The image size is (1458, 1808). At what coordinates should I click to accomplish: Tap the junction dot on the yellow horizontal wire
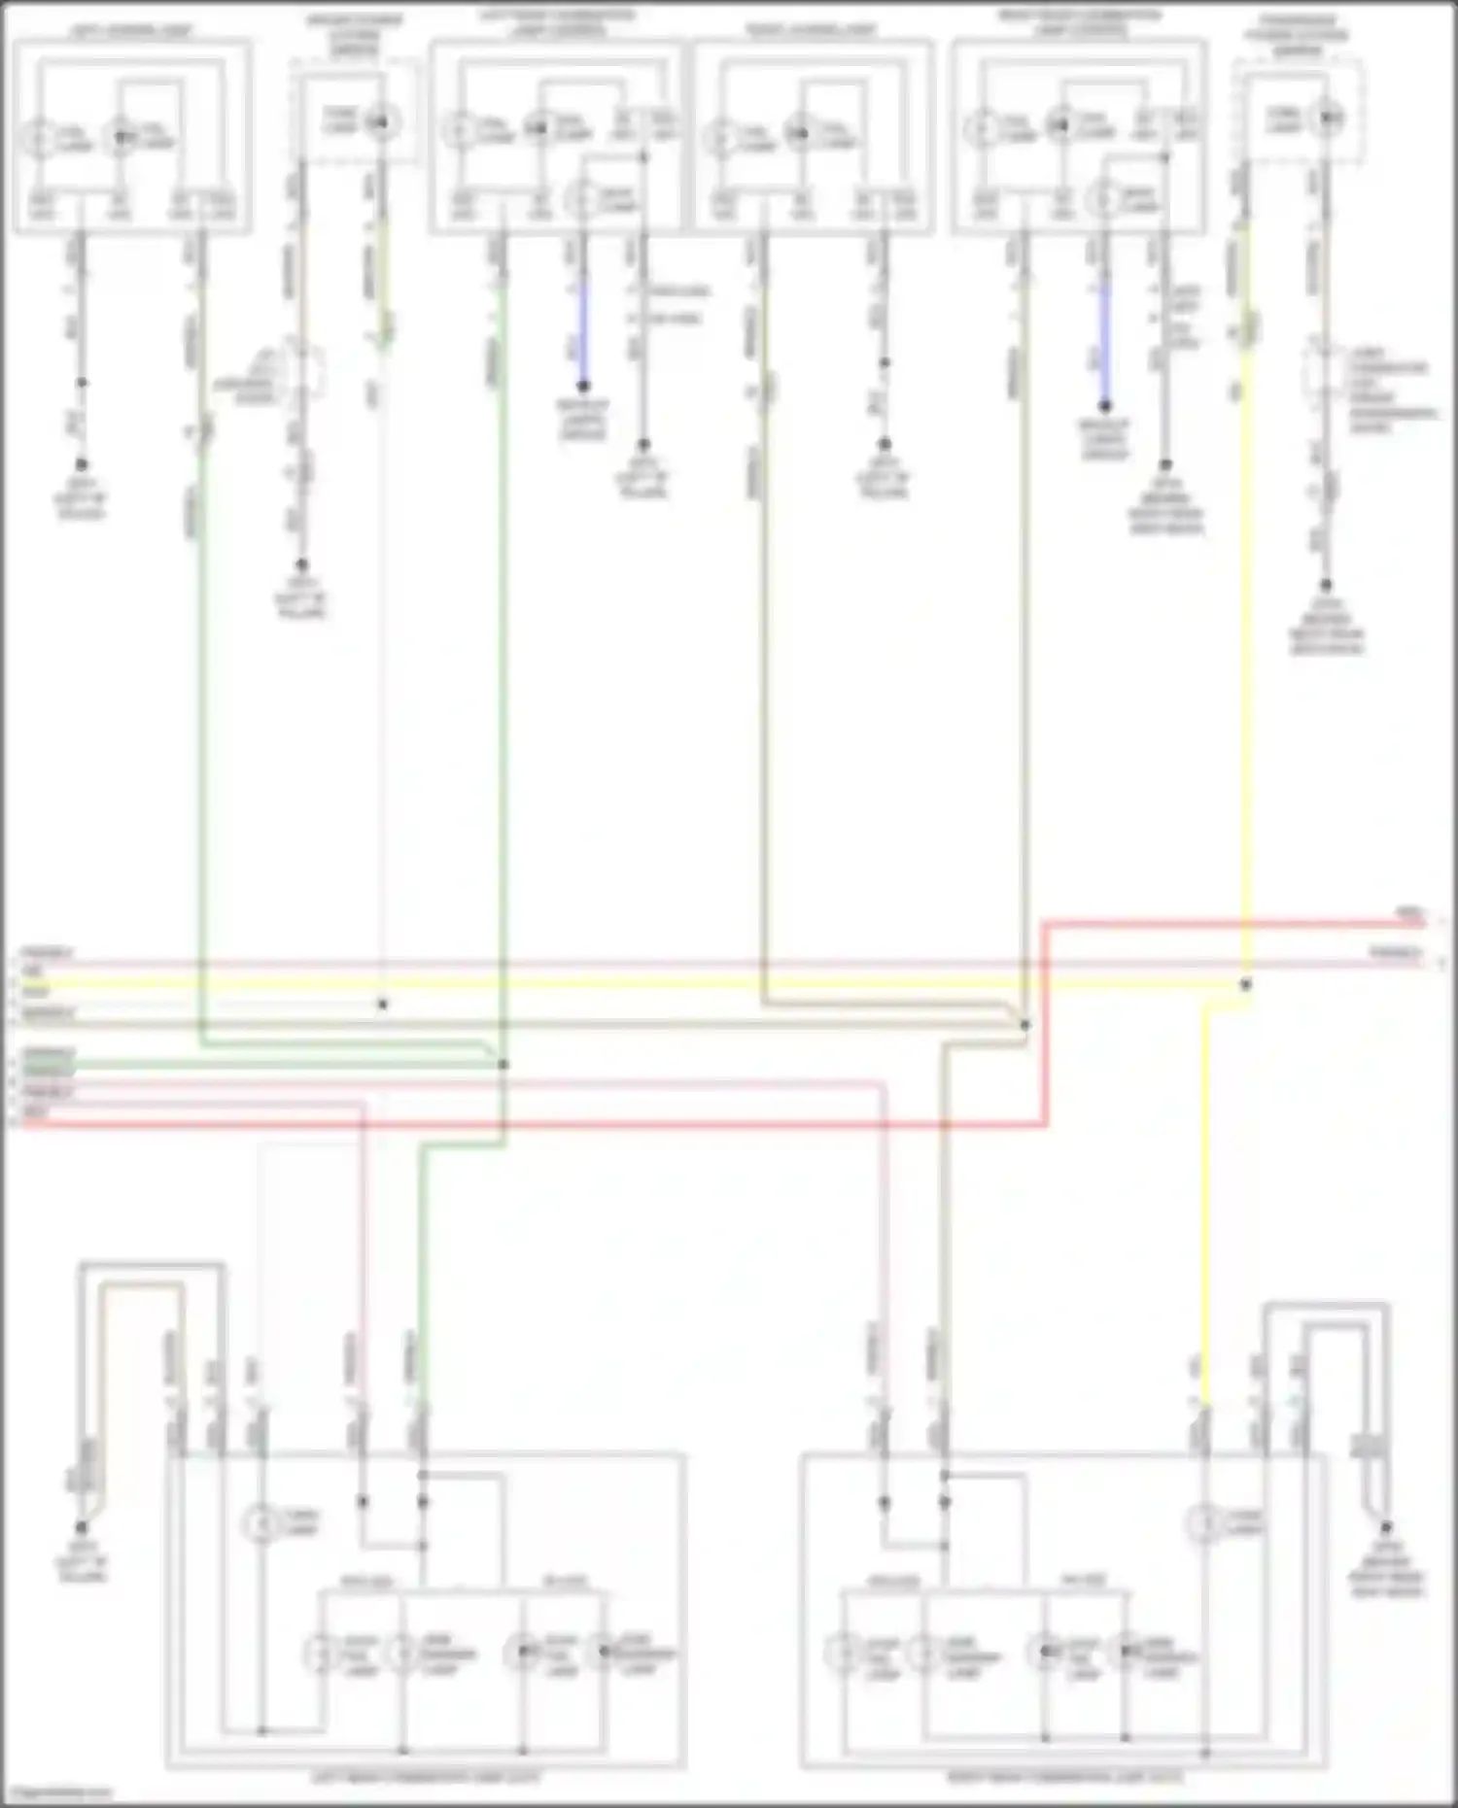point(1246,985)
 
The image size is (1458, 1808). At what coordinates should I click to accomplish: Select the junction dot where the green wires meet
point(503,1065)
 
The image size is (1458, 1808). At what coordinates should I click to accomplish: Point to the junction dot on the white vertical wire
point(382,1005)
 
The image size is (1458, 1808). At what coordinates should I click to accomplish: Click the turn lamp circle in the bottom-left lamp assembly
point(260,1524)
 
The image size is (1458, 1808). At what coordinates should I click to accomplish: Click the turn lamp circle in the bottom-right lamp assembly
point(1205,1522)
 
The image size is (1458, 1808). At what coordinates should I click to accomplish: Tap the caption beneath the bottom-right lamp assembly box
point(1064,1777)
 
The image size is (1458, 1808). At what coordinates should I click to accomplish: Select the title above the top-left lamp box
point(132,30)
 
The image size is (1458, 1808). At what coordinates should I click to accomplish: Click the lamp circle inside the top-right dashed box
point(1329,120)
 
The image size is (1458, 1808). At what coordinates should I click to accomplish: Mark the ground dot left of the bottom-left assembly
point(82,1527)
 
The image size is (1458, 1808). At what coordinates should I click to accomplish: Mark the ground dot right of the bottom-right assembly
point(1386,1527)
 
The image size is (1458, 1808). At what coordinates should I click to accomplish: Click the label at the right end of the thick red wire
point(1409,914)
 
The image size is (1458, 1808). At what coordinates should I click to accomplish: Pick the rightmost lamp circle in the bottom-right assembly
point(1128,1652)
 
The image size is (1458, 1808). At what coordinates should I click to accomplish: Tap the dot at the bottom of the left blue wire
point(583,387)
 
